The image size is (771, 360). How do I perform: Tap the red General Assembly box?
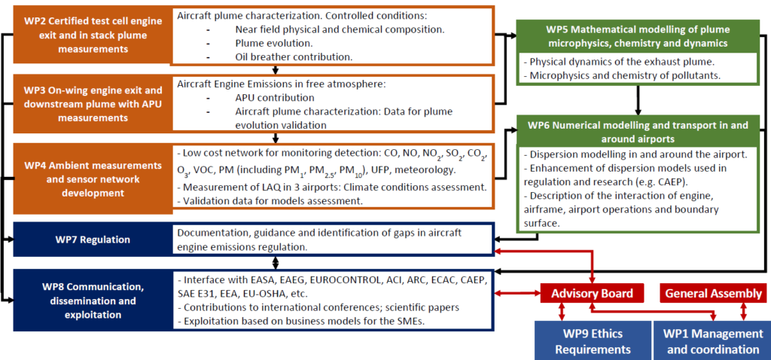coord(711,293)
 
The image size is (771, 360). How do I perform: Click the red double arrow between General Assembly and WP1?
coord(745,310)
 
